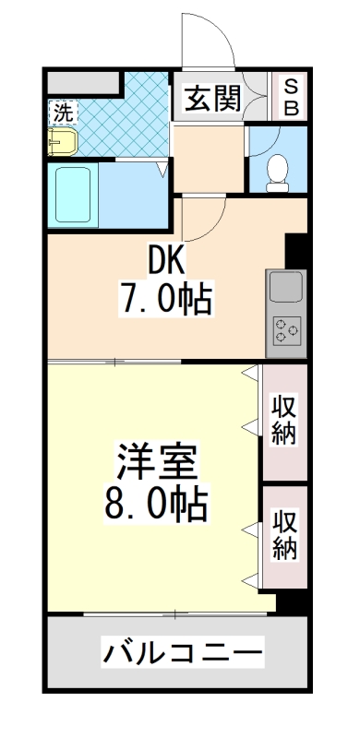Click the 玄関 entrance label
(211, 98)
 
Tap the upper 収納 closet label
(284, 420)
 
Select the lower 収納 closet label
(284, 535)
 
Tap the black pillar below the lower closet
(292, 601)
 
